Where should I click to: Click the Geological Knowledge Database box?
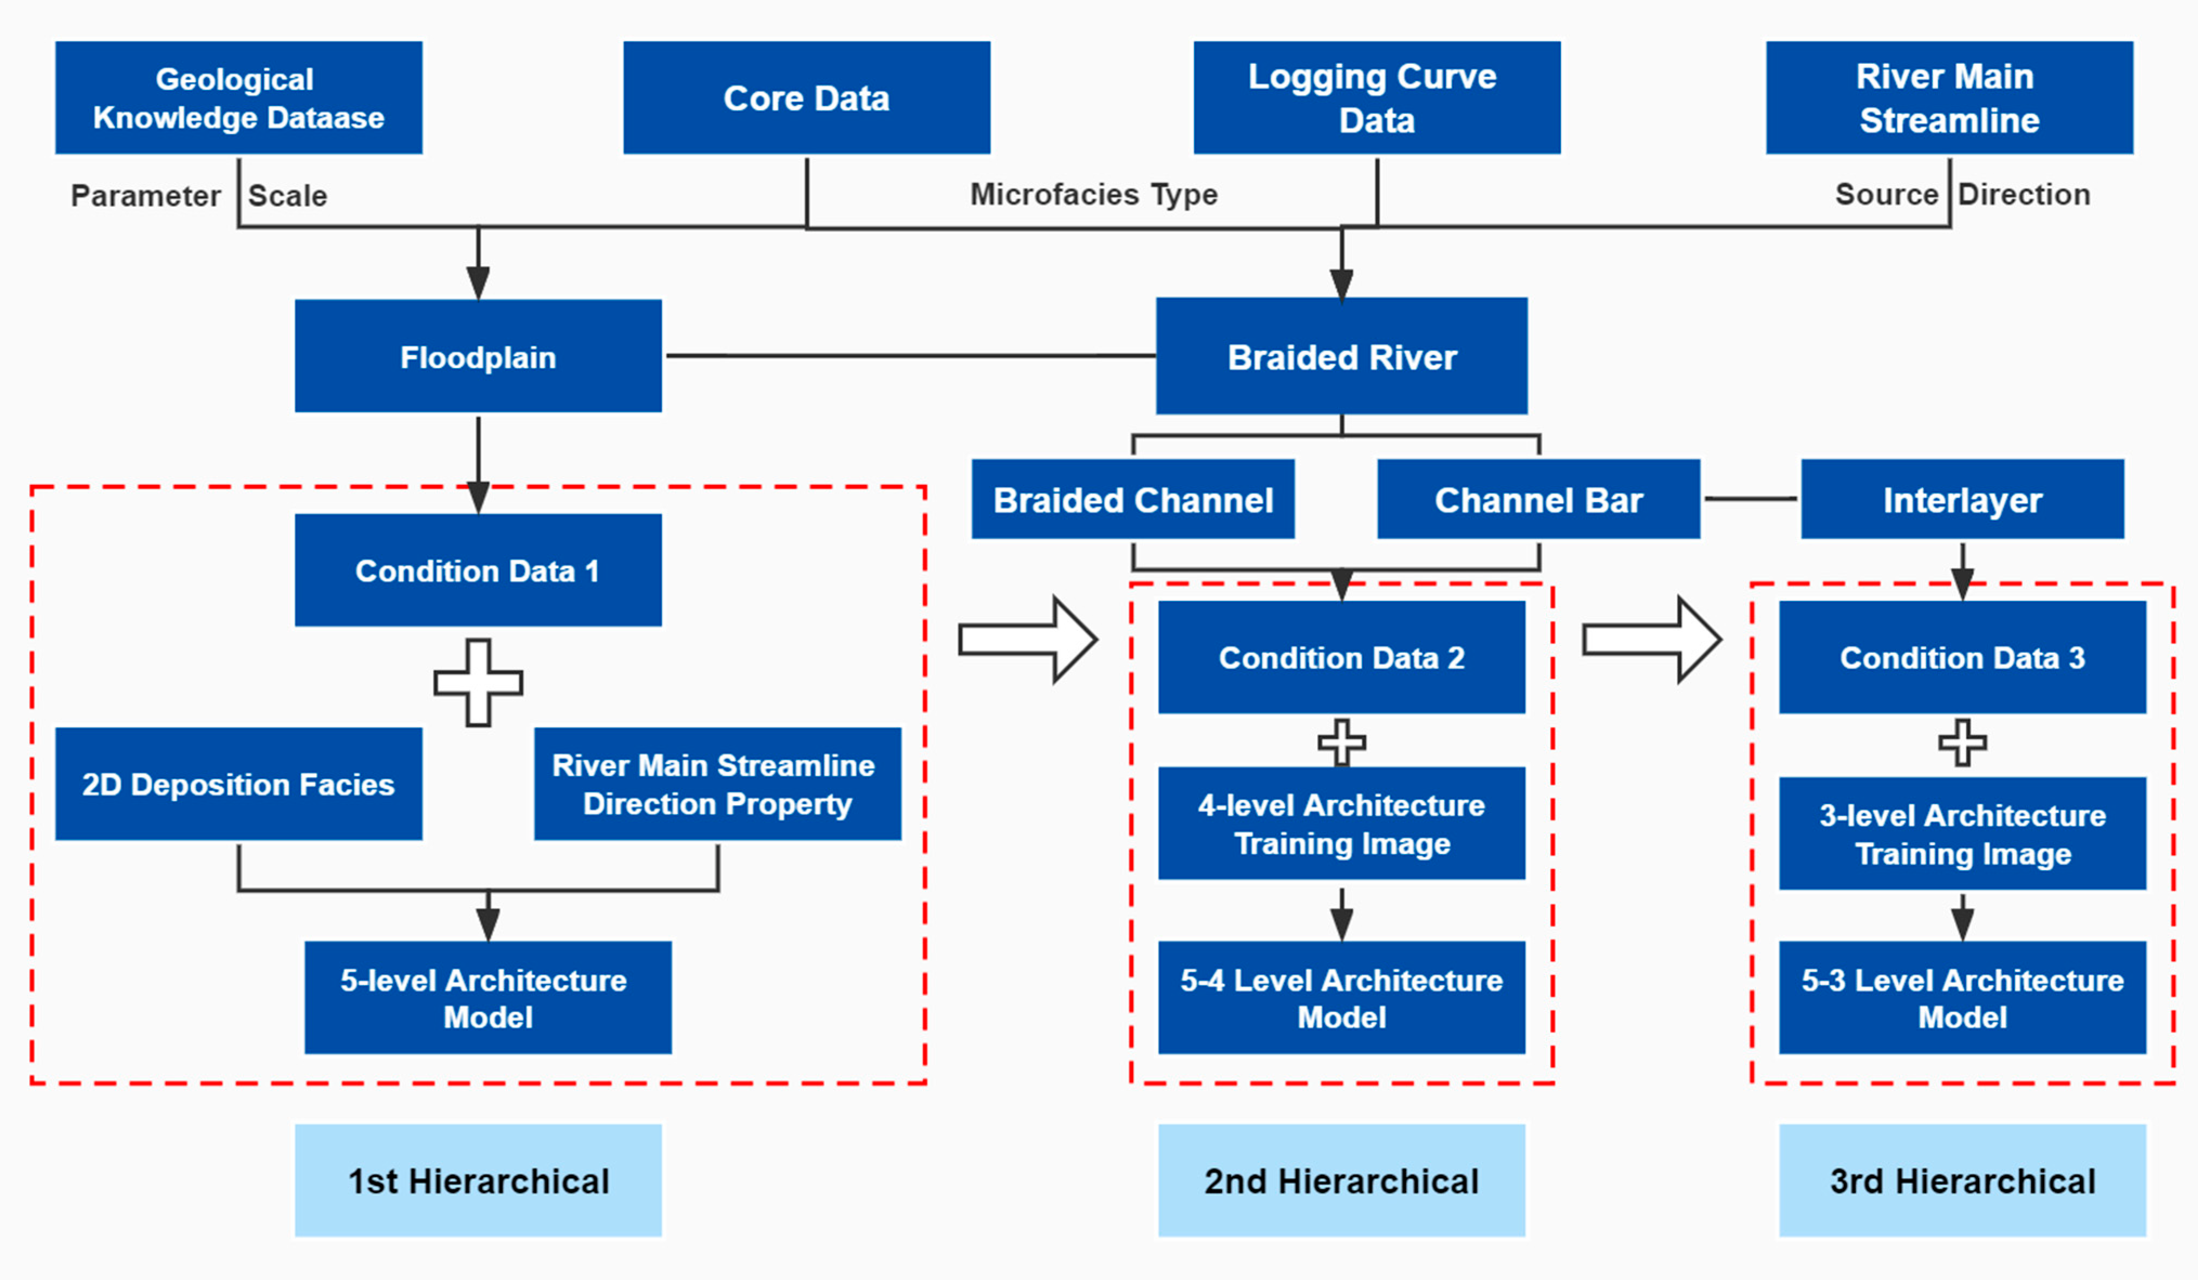[x=238, y=97]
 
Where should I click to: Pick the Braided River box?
[x=1341, y=356]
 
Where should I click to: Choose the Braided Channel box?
[x=1132, y=499]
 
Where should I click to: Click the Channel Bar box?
[x=1538, y=499]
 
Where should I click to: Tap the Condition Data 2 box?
[x=1341, y=657]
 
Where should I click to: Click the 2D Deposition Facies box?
[x=238, y=784]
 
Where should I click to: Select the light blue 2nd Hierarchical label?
[x=1341, y=1180]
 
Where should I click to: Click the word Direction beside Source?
[x=2024, y=194]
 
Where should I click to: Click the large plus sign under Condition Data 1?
[x=478, y=682]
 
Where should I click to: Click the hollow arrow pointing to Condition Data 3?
[x=1650, y=639]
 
